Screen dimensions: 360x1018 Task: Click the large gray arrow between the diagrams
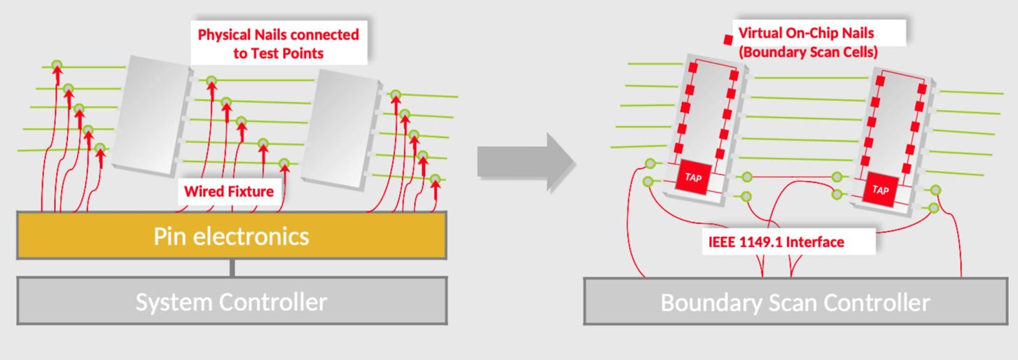click(x=525, y=162)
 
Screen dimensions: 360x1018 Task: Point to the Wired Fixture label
click(x=228, y=191)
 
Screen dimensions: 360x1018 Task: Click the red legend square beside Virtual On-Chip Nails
click(x=728, y=39)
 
